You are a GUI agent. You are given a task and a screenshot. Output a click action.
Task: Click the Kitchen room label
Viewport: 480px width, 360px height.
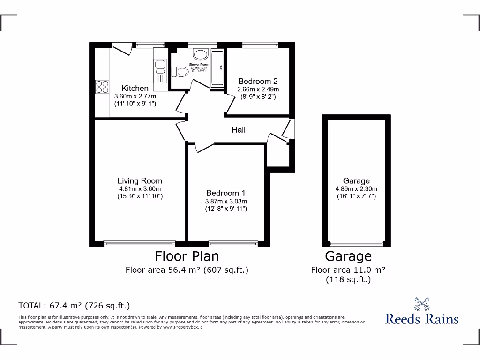135,88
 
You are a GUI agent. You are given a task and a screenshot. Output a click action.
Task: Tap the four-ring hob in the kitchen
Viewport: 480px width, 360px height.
102,87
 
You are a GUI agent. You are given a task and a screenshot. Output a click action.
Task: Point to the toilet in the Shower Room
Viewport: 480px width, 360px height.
180,72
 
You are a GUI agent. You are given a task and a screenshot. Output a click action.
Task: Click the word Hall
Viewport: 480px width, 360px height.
239,130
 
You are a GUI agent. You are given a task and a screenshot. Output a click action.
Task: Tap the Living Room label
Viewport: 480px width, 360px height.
140,180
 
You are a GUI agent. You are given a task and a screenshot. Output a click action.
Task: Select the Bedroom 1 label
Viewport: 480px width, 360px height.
226,193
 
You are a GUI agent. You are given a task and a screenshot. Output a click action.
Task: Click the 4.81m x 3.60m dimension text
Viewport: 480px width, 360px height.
140,189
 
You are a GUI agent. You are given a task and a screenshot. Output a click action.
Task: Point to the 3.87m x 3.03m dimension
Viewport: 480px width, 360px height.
226,201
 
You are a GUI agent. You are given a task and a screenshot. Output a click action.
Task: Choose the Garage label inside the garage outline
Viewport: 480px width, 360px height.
356,180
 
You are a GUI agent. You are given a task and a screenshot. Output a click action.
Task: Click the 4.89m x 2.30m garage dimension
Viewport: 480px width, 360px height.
356,188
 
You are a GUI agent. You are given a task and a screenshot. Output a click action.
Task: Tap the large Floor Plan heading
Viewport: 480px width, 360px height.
187,256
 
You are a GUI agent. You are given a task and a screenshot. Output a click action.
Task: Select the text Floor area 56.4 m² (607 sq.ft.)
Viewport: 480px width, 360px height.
187,270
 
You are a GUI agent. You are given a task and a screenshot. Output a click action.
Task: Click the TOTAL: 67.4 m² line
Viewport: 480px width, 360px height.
74,306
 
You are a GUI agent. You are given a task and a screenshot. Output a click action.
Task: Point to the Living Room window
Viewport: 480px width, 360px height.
138,243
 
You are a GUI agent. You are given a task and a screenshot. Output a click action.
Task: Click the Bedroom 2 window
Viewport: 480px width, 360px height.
260,45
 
